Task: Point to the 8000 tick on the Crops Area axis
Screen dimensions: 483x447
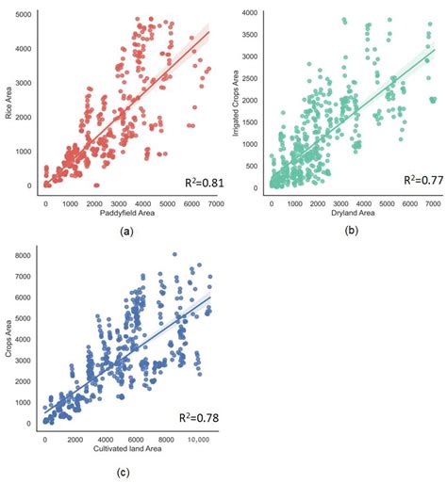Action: pos(30,254)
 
